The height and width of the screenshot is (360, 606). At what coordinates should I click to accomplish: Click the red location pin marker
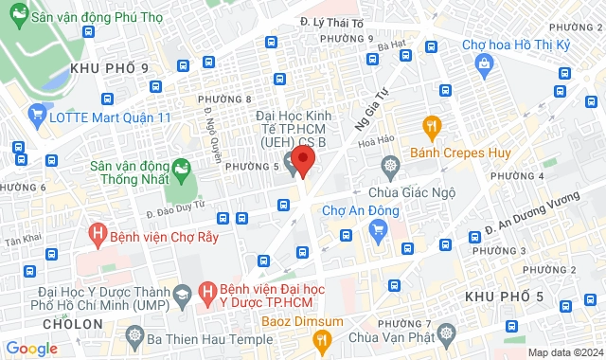coord(302,158)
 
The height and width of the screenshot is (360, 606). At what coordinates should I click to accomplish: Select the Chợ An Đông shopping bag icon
coord(379,228)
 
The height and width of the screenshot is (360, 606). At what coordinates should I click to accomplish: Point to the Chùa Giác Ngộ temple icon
coord(390,168)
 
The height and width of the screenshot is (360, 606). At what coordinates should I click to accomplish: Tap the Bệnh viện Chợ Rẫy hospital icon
coord(96,232)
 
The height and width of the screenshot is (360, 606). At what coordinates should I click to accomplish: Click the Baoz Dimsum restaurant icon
coord(323,338)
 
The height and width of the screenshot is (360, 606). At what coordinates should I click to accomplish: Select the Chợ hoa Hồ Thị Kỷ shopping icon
coord(485,64)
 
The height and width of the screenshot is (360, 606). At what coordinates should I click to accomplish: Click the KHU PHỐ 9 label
coord(109,67)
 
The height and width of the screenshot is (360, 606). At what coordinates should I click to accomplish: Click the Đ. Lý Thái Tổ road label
coord(332,21)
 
